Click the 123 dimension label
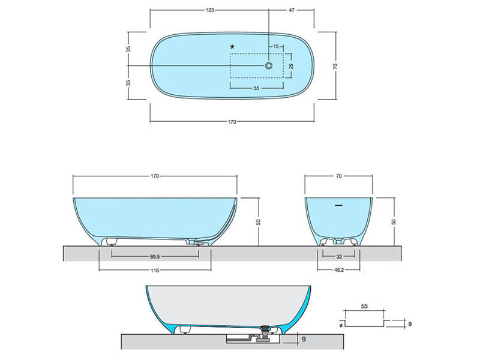tap(209, 10)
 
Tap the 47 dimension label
tap(292, 10)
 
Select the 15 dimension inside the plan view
tap(276, 47)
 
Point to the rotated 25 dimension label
tap(291, 66)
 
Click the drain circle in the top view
tap(269, 65)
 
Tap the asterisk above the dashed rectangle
tap(232, 47)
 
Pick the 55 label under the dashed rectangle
tap(257, 88)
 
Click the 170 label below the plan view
tap(232, 122)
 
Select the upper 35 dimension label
tap(128, 49)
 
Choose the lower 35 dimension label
tap(128, 83)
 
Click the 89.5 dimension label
tap(155, 257)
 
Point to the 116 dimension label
tap(155, 271)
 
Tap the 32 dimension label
tap(339, 257)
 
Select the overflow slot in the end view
tap(338, 205)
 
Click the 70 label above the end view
tap(338, 176)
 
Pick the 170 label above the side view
tap(155, 176)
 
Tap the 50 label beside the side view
tap(259, 222)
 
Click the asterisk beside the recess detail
tap(341, 325)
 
